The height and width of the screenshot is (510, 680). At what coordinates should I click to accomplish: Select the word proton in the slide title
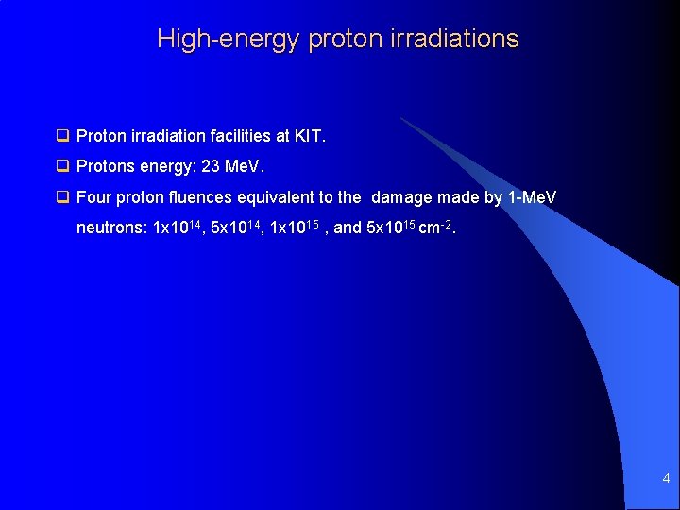[x=333, y=40]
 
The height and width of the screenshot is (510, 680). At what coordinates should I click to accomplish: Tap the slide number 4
[x=666, y=479]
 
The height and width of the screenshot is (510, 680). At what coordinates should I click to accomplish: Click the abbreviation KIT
[x=310, y=136]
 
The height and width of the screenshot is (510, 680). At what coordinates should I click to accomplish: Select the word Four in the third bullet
[x=93, y=197]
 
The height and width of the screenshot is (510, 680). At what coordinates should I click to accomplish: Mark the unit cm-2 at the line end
[x=436, y=228]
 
